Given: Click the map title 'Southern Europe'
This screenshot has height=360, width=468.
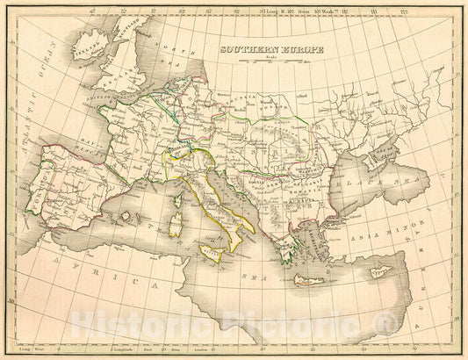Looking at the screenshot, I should [270, 50].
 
